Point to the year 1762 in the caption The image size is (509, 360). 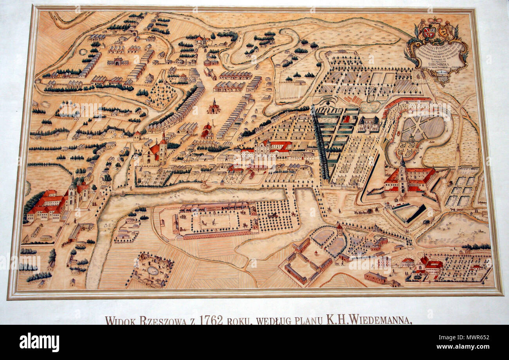(211, 320)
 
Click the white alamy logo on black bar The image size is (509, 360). (39, 343)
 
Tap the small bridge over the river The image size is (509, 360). (204, 185)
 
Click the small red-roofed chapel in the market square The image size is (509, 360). (213, 106)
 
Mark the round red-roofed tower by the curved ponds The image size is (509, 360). (339, 229)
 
